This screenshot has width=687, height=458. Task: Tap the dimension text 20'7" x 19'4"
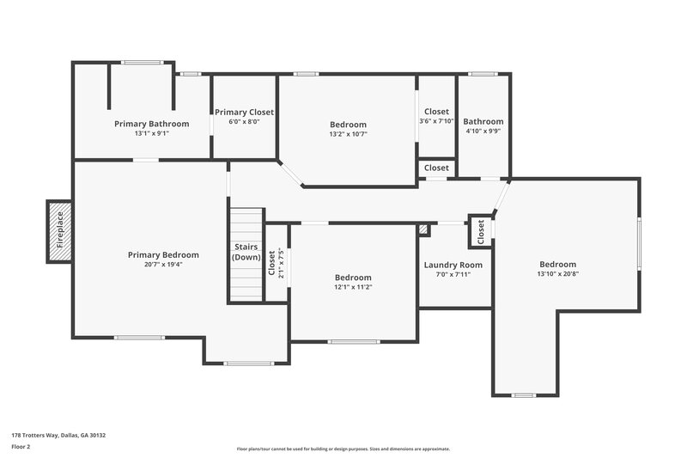pos(163,265)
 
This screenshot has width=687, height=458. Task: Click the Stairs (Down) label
pos(246,252)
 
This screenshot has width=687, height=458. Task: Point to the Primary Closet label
pos(244,113)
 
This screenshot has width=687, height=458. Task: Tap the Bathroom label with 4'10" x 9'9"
pos(483,122)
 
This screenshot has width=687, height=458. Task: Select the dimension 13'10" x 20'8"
pos(557,274)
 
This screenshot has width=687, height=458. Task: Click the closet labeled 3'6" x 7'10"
pos(436,116)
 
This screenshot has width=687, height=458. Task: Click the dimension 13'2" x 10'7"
pos(348,134)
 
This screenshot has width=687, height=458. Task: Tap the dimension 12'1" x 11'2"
pos(353,287)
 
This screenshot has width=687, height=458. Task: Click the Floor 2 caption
pos(22,447)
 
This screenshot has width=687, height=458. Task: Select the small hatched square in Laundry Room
pos(423,229)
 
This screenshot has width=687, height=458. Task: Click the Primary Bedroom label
pos(163,254)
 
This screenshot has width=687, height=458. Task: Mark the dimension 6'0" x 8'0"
pos(244,122)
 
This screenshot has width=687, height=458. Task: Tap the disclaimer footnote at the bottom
pos(343,449)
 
